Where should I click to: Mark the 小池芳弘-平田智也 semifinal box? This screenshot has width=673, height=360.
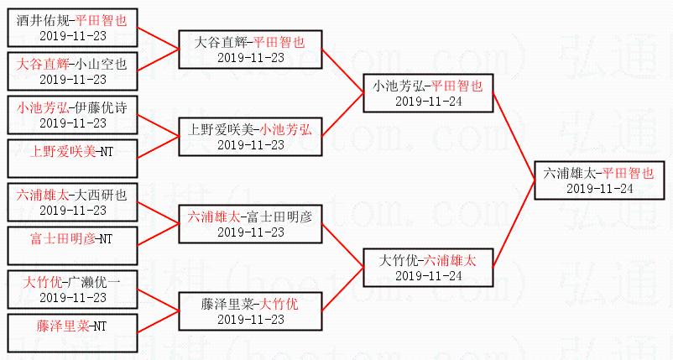coord(427,92)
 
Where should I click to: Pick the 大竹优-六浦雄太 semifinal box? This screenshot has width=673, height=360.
coord(427,267)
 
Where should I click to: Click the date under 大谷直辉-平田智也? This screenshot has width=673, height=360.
coord(250,57)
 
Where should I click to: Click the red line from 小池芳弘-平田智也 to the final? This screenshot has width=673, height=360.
coord(514,134)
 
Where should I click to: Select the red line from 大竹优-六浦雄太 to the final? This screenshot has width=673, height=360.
coord(514,223)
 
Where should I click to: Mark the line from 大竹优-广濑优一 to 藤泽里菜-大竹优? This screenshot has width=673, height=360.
coord(157,296)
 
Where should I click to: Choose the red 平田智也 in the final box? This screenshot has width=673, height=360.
coord(629,172)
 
